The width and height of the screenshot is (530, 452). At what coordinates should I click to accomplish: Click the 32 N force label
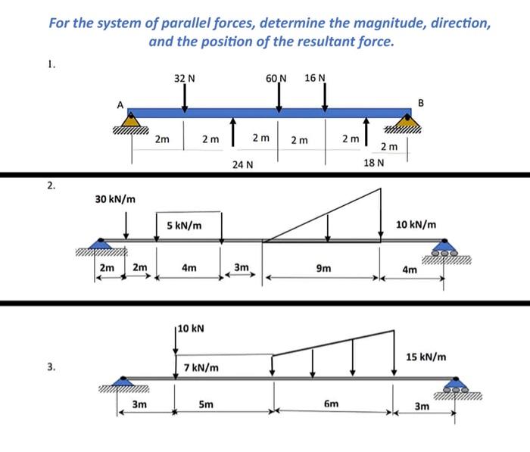click(x=185, y=79)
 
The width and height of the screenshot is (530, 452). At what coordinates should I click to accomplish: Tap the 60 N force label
click(x=276, y=79)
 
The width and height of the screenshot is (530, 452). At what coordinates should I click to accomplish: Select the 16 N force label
click(x=315, y=79)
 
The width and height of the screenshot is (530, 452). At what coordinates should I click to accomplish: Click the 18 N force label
click(x=374, y=163)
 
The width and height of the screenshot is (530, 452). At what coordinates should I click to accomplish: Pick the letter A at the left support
click(x=119, y=105)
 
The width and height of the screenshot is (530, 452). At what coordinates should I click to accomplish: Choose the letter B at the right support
click(x=422, y=102)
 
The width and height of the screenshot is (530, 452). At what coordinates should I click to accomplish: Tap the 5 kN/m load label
click(x=184, y=225)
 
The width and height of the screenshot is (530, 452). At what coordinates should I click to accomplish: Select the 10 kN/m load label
click(x=416, y=225)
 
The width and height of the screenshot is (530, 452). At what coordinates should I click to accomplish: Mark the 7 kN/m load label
click(x=201, y=368)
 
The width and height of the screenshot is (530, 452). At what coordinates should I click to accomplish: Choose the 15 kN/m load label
click(x=426, y=356)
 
